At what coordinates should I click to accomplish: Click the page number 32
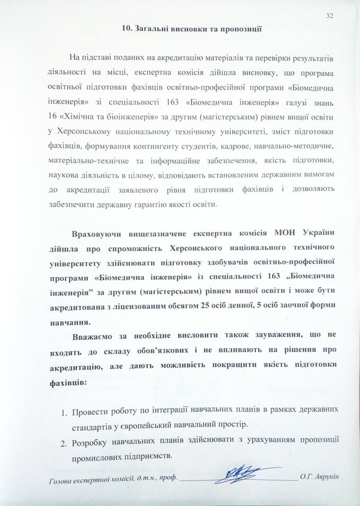pos(330,16)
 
